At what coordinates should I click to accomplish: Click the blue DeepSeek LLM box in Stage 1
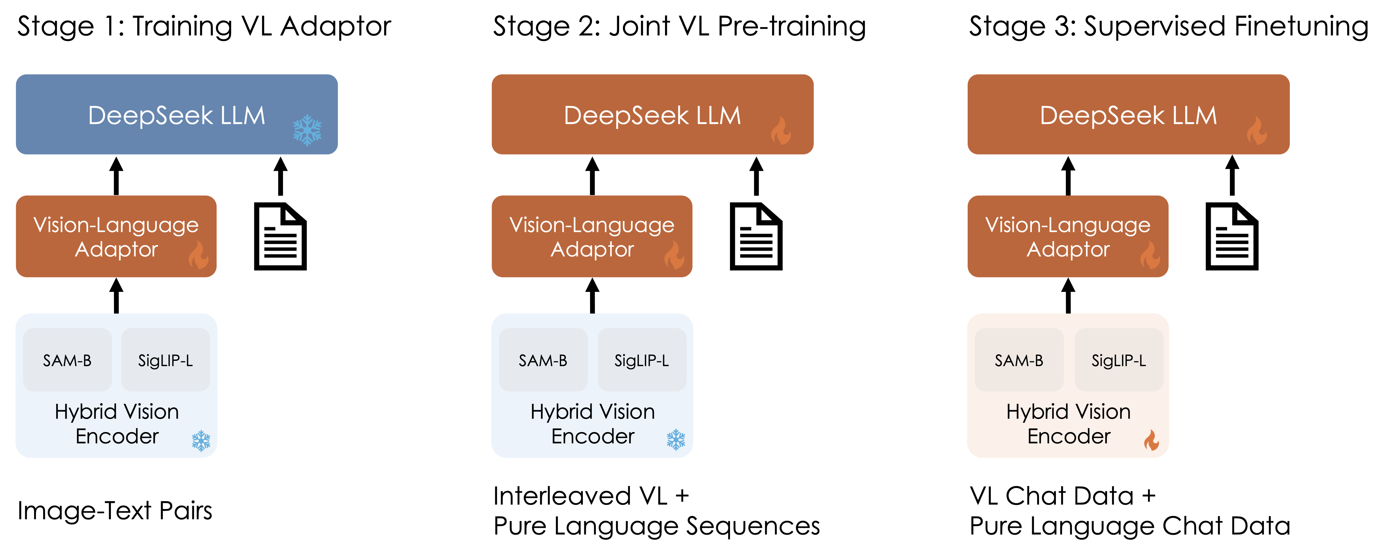pyautogui.click(x=176, y=114)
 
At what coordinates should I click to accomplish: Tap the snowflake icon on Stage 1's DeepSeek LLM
pyautogui.click(x=307, y=130)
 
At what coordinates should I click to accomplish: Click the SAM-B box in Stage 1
pyautogui.click(x=67, y=360)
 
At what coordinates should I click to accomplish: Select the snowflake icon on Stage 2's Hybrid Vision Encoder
pyautogui.click(x=676, y=440)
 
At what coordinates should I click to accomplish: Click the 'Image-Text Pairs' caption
pyautogui.click(x=115, y=511)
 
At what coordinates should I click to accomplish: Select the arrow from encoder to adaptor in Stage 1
pyautogui.click(x=116, y=295)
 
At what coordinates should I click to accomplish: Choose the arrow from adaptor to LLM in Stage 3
pyautogui.click(x=1068, y=176)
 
